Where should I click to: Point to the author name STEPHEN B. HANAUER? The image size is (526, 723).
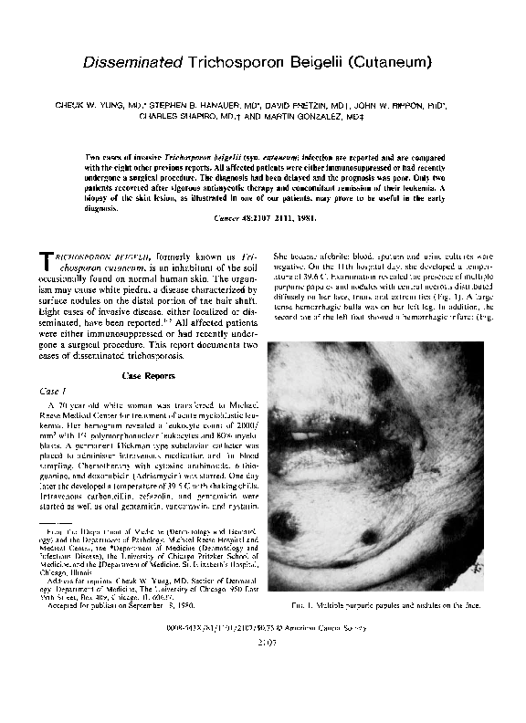[204, 105]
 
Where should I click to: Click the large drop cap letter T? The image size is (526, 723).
[51, 263]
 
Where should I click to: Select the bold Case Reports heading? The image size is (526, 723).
[150, 374]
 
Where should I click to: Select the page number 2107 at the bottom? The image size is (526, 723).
[262, 642]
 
